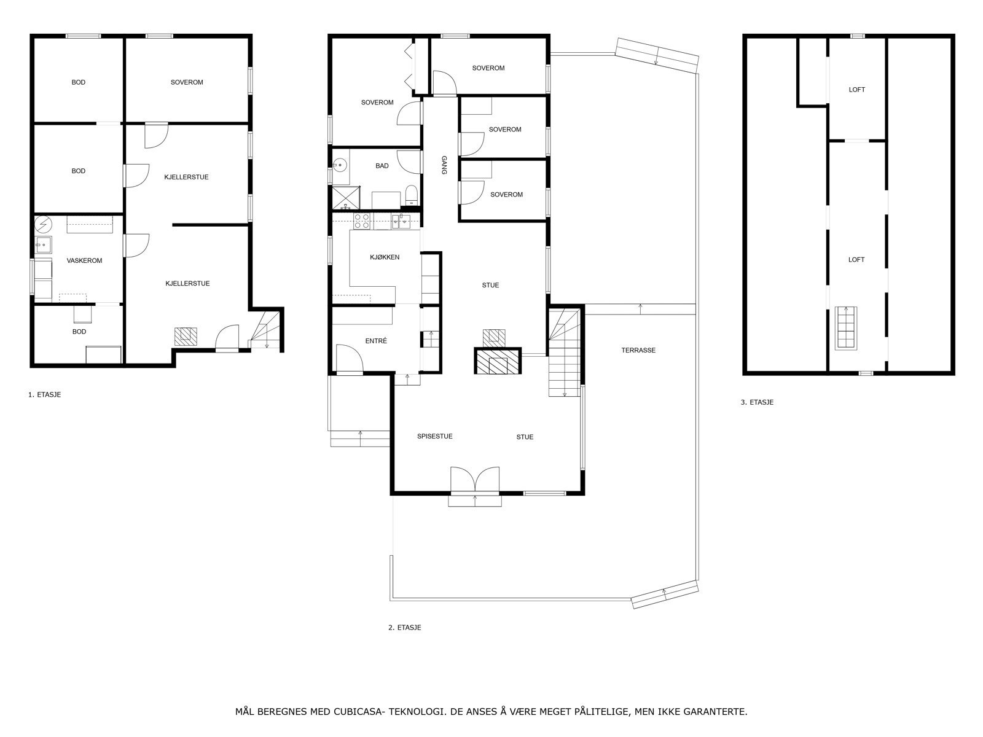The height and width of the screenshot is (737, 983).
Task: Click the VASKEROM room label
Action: click(x=84, y=260)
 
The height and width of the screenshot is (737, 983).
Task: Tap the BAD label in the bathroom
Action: click(x=382, y=166)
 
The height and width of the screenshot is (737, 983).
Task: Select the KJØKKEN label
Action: click(x=384, y=257)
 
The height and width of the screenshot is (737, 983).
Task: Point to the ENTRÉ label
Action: click(x=376, y=341)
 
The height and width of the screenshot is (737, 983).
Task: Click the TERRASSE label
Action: click(x=638, y=350)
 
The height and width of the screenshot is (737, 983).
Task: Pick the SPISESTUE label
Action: click(x=434, y=436)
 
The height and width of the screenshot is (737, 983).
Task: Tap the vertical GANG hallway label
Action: click(x=444, y=165)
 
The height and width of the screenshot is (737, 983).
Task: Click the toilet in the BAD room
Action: click(x=411, y=195)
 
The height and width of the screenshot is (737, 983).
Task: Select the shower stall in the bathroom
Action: click(x=345, y=198)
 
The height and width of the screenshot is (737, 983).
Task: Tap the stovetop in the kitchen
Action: click(x=362, y=222)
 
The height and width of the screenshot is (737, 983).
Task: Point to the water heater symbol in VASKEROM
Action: click(x=44, y=224)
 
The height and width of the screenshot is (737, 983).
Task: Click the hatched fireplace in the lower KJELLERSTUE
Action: click(x=186, y=337)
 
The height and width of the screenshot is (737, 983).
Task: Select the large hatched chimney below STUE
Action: click(x=498, y=361)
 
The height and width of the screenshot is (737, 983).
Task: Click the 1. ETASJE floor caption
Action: click(x=44, y=395)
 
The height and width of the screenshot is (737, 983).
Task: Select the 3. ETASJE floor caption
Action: click(x=757, y=402)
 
